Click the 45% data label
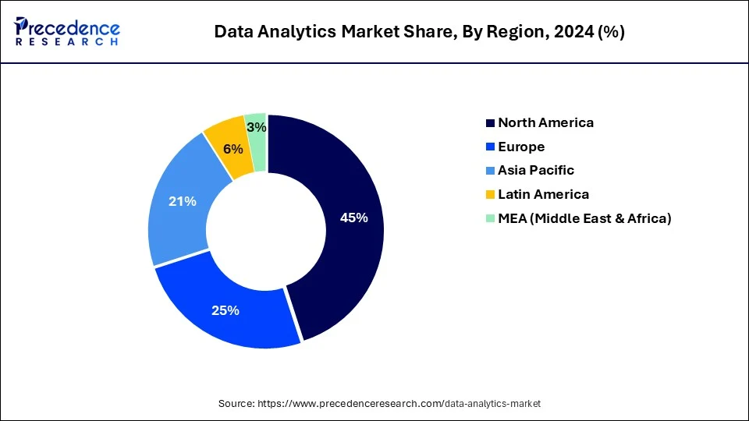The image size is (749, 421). [353, 218]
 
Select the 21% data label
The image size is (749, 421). [183, 201]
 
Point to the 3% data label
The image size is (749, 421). [256, 127]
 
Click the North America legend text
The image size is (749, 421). [545, 122]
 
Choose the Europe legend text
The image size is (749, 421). [521, 147]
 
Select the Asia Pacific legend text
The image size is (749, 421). [536, 170]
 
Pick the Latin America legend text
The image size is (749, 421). [543, 194]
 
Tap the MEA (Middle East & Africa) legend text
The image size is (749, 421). [584, 218]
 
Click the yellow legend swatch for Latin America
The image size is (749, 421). [490, 194]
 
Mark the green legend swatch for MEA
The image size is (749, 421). [490, 218]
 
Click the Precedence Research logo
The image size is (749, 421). [67, 31]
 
